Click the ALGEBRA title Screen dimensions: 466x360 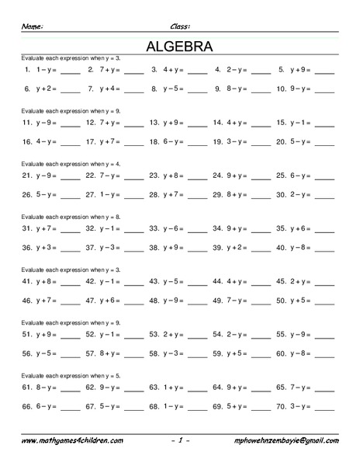179,47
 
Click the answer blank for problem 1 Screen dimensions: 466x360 70,71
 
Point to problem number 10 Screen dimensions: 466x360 281,89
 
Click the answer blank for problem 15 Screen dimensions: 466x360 324,124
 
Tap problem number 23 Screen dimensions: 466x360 154,176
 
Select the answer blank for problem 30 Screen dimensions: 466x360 324,195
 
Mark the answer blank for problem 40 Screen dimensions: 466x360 324,248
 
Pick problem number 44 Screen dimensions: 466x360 217,281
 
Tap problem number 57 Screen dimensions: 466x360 91,353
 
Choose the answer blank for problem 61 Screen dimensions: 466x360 70,388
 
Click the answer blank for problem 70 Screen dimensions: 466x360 324,406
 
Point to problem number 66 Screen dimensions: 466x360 27,405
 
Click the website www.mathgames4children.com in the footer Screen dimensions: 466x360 71,440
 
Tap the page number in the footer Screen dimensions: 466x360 179,440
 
